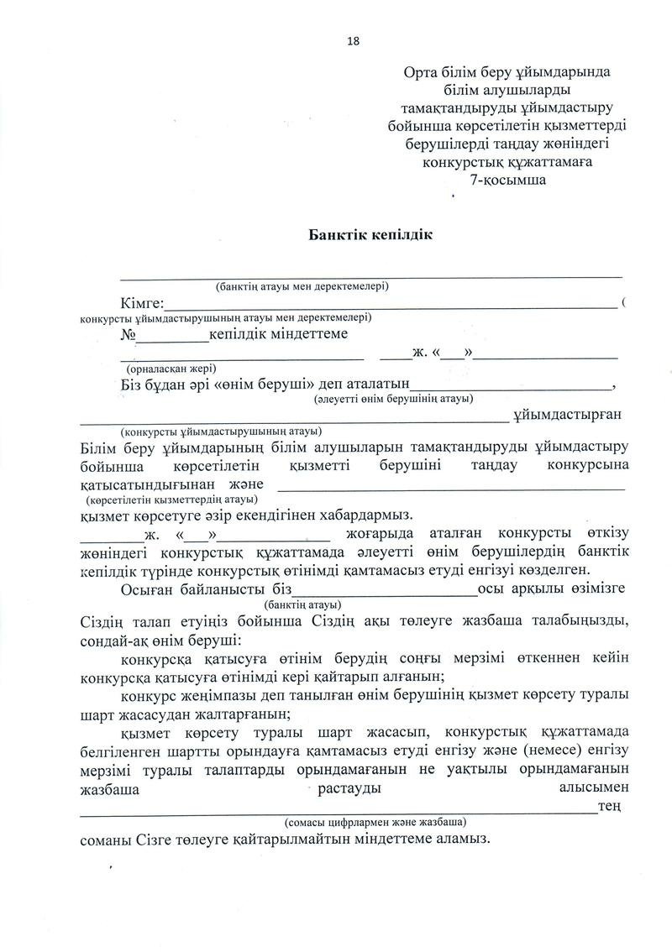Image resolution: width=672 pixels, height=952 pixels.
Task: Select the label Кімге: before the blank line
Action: (x=141, y=303)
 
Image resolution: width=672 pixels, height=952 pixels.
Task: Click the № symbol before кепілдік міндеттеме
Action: (x=129, y=334)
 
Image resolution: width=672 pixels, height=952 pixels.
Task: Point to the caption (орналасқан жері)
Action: (x=171, y=368)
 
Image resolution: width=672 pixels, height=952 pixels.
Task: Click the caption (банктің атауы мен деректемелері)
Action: (x=302, y=286)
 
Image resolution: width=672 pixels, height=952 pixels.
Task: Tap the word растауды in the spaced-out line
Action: (x=350, y=788)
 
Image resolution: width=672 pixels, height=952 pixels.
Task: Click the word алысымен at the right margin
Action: (x=594, y=788)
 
